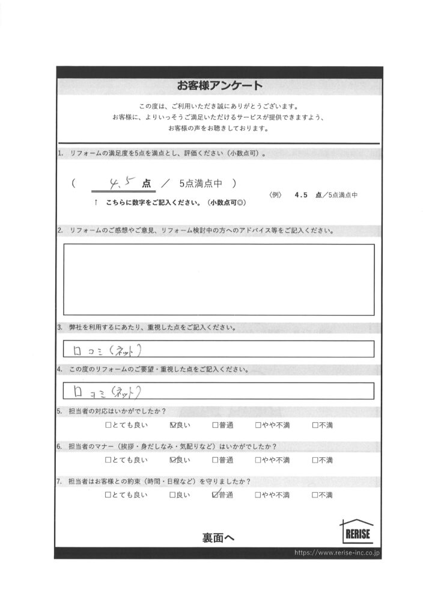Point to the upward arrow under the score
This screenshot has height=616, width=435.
[x=96, y=203]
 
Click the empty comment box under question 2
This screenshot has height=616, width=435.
[x=219, y=279]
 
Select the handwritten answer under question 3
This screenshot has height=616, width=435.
[x=105, y=349]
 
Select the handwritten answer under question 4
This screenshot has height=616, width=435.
[x=105, y=391]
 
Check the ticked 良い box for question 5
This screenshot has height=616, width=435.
[x=174, y=425]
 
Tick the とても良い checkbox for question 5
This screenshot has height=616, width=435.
[x=108, y=425]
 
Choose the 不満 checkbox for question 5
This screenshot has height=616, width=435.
[x=315, y=425]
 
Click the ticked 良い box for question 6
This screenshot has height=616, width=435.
[x=174, y=460]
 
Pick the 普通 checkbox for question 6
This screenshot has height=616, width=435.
[x=215, y=460]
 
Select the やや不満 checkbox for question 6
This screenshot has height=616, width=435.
[x=258, y=460]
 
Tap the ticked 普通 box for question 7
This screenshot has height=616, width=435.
[x=215, y=495]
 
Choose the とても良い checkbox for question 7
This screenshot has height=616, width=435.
[x=108, y=495]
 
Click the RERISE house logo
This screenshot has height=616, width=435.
[x=357, y=532]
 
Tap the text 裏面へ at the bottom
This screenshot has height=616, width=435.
[x=218, y=538]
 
